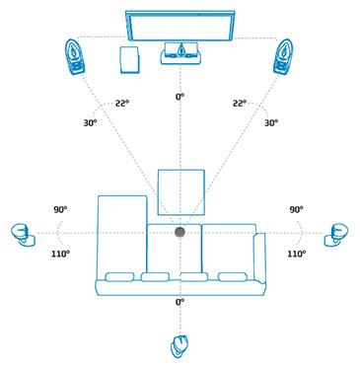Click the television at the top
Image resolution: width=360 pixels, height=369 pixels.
point(180,25)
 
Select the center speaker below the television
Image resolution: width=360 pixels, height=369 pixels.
point(180,53)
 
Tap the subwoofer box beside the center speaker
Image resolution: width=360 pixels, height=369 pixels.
point(128,59)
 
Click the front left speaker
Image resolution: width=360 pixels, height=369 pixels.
point(77,55)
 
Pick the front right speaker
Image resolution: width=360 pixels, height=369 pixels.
point(284,55)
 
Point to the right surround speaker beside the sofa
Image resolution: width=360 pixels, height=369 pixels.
point(337,234)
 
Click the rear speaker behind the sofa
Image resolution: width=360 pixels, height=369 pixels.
point(179,346)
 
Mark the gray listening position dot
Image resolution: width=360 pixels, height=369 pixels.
point(180,232)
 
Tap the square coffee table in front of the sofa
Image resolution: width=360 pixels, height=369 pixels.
point(180,190)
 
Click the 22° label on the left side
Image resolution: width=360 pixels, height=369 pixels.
point(120,103)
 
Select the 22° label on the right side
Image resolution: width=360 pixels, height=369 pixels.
point(240,103)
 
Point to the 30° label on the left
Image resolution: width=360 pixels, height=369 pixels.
point(91,123)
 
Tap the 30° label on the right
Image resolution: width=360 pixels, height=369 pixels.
point(271,123)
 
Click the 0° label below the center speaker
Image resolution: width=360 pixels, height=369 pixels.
point(180,97)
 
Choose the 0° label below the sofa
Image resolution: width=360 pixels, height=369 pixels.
point(180,302)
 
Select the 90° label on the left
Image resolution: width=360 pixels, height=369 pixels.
point(60,210)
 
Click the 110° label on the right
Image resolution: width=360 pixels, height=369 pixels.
point(296,254)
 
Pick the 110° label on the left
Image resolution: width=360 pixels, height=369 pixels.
point(61,254)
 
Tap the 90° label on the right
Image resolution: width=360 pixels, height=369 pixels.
point(296,210)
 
